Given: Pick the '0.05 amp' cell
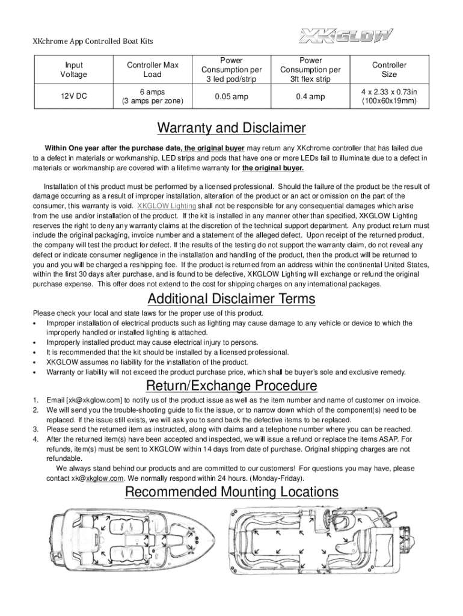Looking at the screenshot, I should pyautogui.click(x=231, y=96).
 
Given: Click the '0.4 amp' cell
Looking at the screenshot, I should pyautogui.click(x=310, y=96).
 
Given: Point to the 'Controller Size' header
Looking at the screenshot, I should pyautogui.click(x=389, y=70).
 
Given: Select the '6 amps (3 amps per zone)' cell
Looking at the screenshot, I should pyautogui.click(x=152, y=96).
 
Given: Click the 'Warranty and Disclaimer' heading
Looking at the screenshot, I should pyautogui.click(x=231, y=129).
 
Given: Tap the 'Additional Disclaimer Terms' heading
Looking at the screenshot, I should pyautogui.click(x=231, y=299).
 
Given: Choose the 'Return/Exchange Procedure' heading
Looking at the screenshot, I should pyautogui.click(x=231, y=385).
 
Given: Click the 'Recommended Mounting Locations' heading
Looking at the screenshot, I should pyautogui.click(x=231, y=492).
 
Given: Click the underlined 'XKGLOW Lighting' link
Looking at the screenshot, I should pyautogui.click(x=167, y=206).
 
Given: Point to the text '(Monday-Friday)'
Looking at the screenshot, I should pyautogui.click(x=278, y=478).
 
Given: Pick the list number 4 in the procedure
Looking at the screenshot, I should pyautogui.click(x=37, y=439).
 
